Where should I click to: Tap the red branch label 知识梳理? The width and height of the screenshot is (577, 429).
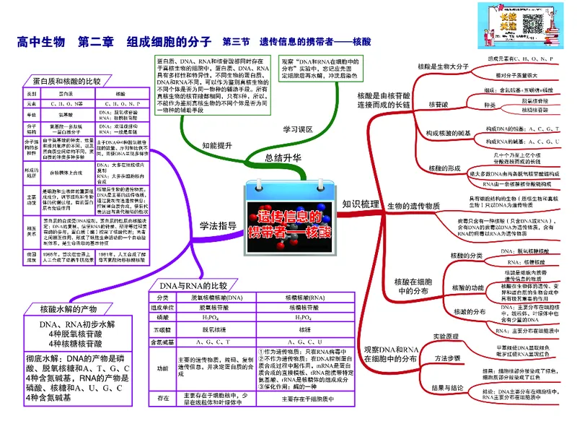coord(361,204)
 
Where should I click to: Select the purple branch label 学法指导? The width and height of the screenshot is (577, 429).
coord(218,225)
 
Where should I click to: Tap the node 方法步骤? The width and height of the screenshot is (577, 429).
coord(448,358)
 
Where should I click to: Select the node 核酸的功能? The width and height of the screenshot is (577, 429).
coord(467,287)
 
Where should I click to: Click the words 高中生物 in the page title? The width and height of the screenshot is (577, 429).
coord(41,43)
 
